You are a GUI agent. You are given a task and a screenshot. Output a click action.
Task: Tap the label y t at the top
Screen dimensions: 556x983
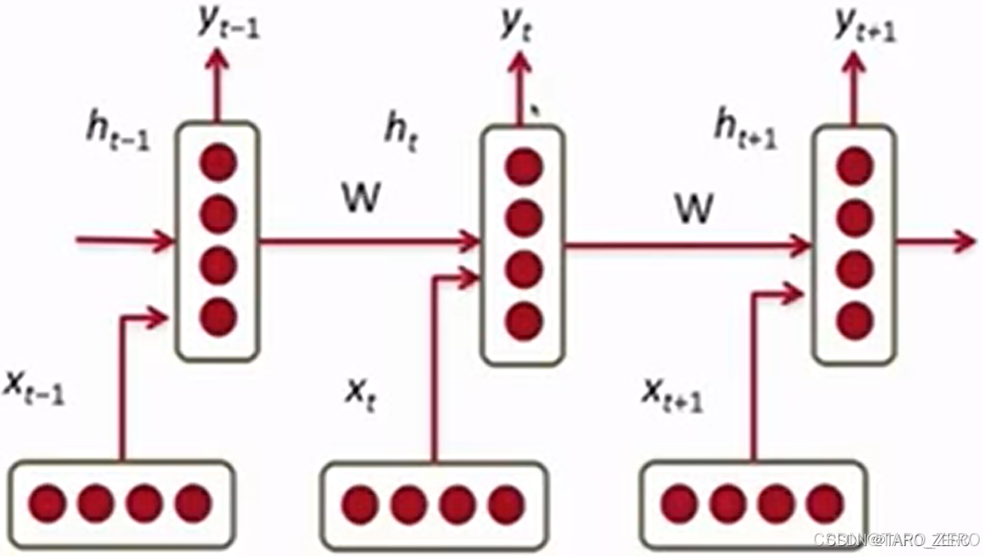[x=517, y=27]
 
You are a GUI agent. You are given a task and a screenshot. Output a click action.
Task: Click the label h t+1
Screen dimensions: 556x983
[x=745, y=132]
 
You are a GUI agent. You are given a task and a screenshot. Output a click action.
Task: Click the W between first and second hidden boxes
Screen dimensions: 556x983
[x=360, y=200]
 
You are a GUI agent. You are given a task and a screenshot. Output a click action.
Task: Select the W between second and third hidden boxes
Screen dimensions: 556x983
[x=693, y=209]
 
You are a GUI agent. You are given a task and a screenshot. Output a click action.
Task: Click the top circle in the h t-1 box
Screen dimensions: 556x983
[x=218, y=162]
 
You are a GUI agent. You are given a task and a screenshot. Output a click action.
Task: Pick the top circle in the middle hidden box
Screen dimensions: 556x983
[x=524, y=167]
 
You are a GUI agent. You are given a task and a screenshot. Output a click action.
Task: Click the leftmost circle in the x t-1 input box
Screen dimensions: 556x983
[x=46, y=502]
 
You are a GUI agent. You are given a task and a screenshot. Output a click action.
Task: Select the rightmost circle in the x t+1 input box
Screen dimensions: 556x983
[x=824, y=504]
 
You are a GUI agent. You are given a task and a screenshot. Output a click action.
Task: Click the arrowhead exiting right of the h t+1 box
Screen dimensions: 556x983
[x=963, y=242]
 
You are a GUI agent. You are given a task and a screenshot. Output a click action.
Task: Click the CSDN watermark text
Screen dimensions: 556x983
[x=894, y=540]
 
